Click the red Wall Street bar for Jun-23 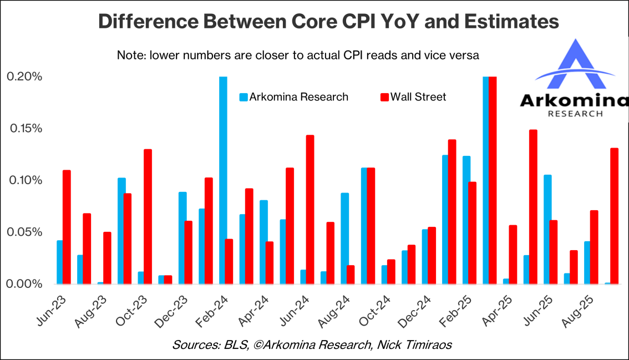[67, 227]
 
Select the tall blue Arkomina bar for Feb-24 [223, 180]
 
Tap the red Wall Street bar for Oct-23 [148, 216]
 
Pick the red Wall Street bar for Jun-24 [310, 210]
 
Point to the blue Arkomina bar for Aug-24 [344, 239]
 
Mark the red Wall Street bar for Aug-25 [594, 247]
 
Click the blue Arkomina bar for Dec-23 [182, 237]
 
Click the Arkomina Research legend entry [294, 97]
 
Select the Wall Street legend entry [413, 97]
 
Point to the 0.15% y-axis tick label [24, 128]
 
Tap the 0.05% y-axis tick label [24, 232]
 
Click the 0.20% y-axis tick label [24, 77]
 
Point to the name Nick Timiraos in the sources [417, 345]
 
